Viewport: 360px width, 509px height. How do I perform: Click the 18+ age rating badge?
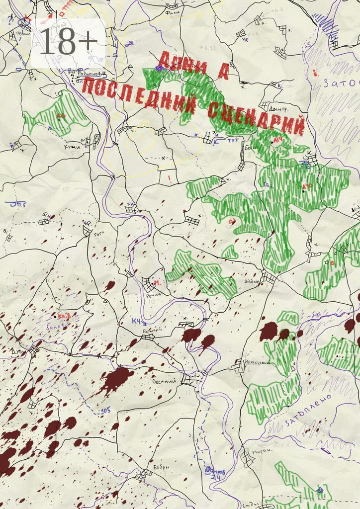coord(67,42)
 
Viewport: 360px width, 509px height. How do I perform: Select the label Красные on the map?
coord(258,363)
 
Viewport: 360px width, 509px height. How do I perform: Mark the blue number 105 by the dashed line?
coord(105,410)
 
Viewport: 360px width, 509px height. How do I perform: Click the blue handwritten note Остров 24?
coord(215,473)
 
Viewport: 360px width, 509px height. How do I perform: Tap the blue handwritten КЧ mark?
coord(136,322)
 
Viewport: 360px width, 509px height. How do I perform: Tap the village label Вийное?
coord(252,282)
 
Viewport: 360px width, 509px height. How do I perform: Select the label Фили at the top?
coord(173,6)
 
